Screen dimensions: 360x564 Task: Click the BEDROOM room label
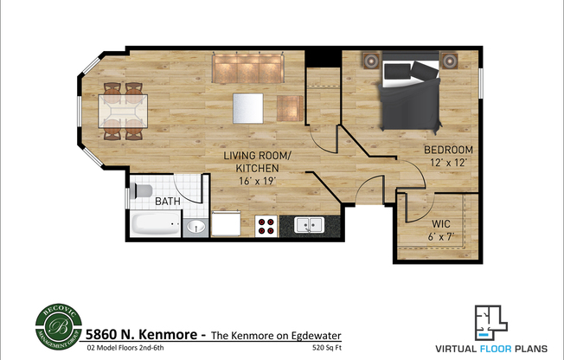(448, 150)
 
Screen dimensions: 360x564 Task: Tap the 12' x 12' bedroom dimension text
(448, 163)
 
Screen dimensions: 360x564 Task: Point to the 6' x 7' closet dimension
(441, 236)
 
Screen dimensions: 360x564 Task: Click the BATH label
(167, 202)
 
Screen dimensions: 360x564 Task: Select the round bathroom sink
(196, 227)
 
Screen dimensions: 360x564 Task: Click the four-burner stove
(266, 227)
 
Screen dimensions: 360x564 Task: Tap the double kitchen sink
(307, 226)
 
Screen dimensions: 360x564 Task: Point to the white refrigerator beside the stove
(227, 225)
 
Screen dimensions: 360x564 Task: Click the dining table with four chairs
(122, 111)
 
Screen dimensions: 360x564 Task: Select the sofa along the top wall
(249, 66)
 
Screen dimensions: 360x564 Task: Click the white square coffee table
(247, 108)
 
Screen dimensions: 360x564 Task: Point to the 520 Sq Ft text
(325, 349)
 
